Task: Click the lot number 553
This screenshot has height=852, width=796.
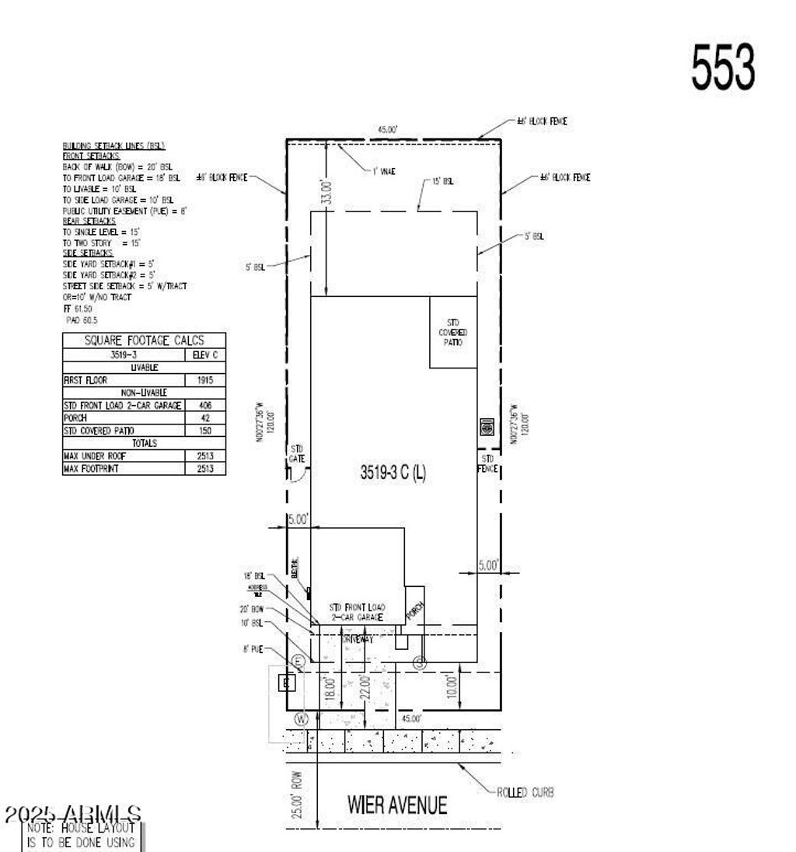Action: (722, 67)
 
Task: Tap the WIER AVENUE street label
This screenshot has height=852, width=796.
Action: (397, 805)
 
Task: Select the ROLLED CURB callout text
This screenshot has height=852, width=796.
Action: (525, 792)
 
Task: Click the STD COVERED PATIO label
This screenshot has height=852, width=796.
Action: (453, 332)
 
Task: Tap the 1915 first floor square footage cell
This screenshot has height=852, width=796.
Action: (205, 380)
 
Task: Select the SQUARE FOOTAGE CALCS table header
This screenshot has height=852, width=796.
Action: (144, 340)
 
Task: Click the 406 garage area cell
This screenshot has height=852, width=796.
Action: (205, 405)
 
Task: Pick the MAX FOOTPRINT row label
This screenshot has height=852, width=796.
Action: (91, 468)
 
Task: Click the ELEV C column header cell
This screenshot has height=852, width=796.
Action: (205, 355)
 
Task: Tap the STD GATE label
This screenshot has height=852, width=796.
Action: (297, 454)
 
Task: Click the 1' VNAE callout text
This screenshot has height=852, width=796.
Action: (384, 171)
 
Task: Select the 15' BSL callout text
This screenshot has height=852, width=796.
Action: (443, 181)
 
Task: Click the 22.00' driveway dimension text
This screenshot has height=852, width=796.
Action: (365, 687)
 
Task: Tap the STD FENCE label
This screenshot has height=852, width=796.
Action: (487, 464)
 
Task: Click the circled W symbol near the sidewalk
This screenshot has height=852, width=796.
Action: (302, 716)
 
